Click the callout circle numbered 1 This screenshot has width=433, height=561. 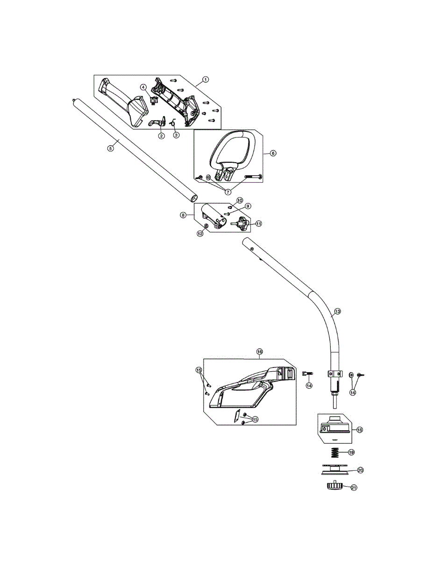pos(205,79)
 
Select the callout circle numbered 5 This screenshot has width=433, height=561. pos(110,148)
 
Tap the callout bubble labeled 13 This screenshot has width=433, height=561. pos(337,311)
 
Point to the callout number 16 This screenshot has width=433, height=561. pos(259,352)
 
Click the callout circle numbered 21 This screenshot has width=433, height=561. pos(354,488)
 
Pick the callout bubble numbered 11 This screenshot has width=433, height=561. pos(258,223)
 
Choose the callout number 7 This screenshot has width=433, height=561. pos(228,192)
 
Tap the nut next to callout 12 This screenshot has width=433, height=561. pos(206,226)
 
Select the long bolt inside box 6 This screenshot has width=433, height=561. pos(253,177)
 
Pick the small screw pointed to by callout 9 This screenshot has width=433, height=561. pos(227,214)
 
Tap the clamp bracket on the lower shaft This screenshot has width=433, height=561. pos(335,374)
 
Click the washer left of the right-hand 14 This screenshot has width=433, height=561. pos(351,374)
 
